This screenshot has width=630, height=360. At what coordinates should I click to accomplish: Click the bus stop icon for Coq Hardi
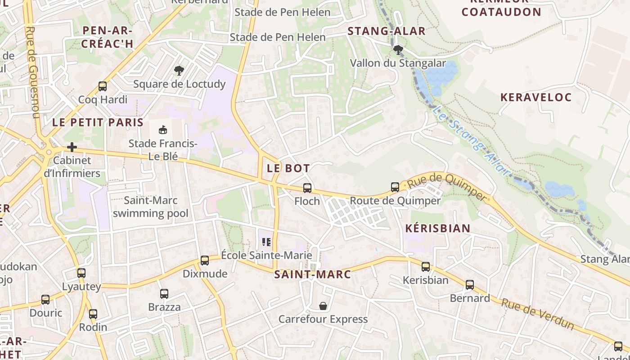pyautogui.click(x=103, y=86)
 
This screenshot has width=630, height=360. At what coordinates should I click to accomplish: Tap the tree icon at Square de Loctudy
pyautogui.click(x=179, y=71)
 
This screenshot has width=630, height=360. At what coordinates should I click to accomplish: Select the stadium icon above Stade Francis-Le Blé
pyautogui.click(x=162, y=130)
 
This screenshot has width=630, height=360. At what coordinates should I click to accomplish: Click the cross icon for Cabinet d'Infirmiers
pyautogui.click(x=72, y=147)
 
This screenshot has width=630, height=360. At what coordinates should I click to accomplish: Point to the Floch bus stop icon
pyautogui.click(x=307, y=188)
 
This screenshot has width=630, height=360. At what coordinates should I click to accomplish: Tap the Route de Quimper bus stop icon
pyautogui.click(x=395, y=187)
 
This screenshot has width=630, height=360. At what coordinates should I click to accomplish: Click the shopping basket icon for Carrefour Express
pyautogui.click(x=323, y=306)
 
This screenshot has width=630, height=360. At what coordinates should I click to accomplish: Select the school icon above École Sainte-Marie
pyautogui.click(x=266, y=243)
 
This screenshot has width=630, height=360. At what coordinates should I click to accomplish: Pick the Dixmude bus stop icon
pyautogui.click(x=205, y=261)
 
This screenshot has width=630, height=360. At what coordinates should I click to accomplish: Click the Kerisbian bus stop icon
pyautogui.click(x=426, y=267)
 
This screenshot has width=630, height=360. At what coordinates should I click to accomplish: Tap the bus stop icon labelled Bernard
pyautogui.click(x=470, y=285)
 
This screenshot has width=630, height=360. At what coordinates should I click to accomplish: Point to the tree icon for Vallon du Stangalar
pyautogui.click(x=398, y=49)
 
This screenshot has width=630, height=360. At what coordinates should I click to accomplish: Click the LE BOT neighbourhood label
pyautogui.click(x=288, y=168)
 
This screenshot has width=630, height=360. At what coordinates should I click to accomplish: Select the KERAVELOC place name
pyautogui.click(x=536, y=97)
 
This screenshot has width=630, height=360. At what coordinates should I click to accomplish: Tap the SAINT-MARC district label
pyautogui.click(x=312, y=274)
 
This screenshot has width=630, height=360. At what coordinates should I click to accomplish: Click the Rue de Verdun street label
pyautogui.click(x=538, y=314)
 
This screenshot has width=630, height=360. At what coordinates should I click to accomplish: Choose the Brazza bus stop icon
pyautogui.click(x=164, y=294)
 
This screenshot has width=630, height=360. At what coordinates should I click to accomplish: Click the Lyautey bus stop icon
pyautogui.click(x=81, y=273)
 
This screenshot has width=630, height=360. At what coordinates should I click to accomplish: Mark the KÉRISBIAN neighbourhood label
pyautogui.click(x=437, y=228)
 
